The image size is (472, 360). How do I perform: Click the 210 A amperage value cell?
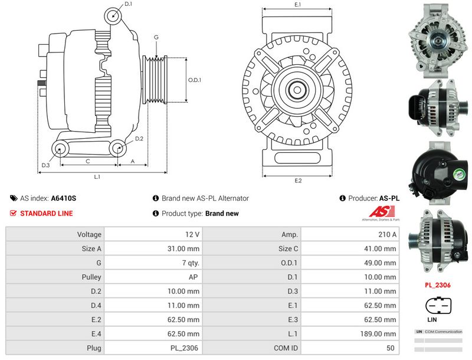point(388,234)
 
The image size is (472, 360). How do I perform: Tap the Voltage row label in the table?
point(89,234)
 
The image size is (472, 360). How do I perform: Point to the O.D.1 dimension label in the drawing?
point(195,80)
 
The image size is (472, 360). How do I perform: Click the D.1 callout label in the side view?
point(128,4)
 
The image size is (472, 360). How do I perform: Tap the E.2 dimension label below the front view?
point(298,181)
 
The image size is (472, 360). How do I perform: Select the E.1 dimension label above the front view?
point(298,5)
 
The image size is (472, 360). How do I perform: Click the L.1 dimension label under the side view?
point(97,176)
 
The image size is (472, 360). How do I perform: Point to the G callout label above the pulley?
point(156,37)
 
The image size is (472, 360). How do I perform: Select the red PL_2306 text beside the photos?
point(438,285)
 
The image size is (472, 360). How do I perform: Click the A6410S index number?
point(63,199)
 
